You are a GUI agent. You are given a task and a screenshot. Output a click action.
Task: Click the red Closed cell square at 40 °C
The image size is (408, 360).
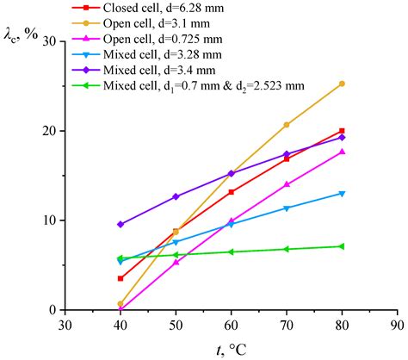(x=121, y=278)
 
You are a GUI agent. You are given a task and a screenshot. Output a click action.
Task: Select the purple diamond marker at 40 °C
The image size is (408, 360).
(x=121, y=224)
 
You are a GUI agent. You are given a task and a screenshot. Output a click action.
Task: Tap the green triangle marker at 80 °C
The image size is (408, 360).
(x=342, y=246)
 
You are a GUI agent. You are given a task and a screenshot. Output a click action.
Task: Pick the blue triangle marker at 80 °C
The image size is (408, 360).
(x=342, y=193)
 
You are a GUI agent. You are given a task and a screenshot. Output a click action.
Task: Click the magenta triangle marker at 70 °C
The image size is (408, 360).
(x=287, y=184)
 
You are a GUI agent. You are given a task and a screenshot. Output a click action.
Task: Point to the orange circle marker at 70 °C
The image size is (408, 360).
(x=287, y=125)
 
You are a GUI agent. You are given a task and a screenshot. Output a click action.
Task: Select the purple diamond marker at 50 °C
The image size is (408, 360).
(x=176, y=196)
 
